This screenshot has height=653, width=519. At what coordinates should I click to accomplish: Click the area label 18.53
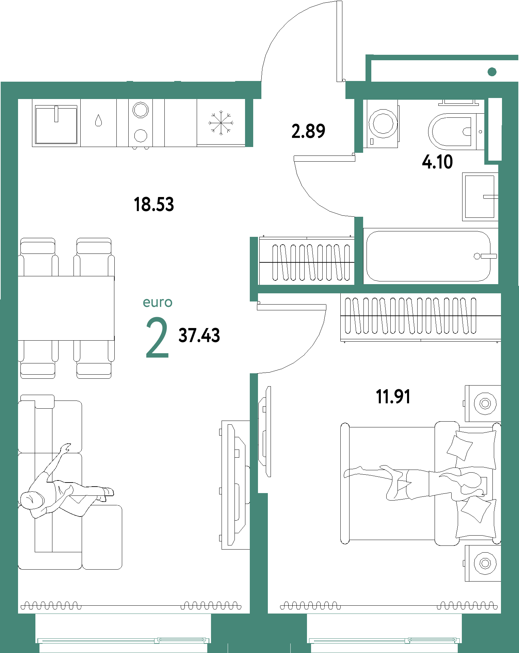(154, 205)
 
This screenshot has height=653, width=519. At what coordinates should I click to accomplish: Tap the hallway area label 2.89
(308, 131)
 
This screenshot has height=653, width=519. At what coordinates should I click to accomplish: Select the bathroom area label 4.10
(437, 162)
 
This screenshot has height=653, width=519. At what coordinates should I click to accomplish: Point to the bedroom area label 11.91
(393, 397)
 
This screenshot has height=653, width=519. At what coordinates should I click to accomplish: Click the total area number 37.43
(199, 335)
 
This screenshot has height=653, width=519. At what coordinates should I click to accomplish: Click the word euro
(158, 302)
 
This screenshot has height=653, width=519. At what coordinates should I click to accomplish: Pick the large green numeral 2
(157, 338)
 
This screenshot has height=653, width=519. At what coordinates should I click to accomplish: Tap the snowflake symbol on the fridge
(221, 123)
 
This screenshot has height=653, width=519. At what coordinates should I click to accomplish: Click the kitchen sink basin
(56, 124)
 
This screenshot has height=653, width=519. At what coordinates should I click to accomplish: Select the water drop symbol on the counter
(99, 120)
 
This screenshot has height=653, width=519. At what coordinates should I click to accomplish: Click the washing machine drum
(383, 123)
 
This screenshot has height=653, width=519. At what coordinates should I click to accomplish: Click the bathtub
(428, 256)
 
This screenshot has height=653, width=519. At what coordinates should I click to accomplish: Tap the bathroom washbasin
(480, 197)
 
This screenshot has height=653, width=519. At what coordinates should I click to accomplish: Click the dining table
(66, 308)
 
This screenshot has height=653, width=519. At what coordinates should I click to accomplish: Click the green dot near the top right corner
(492, 72)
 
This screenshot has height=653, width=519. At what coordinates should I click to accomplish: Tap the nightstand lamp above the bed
(485, 404)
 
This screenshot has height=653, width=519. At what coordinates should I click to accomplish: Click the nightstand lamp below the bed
(485, 563)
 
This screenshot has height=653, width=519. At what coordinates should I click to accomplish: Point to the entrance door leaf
(339, 41)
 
